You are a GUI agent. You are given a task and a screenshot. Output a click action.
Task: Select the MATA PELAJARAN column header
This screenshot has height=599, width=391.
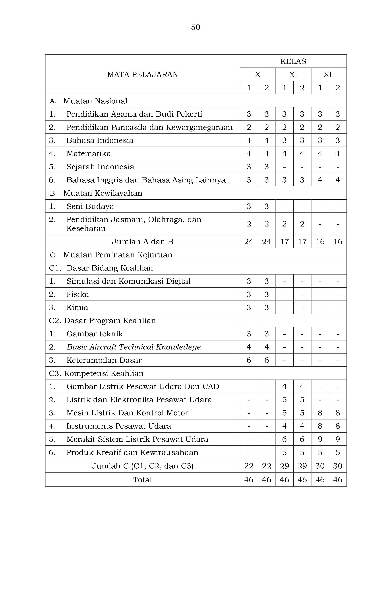[143, 75]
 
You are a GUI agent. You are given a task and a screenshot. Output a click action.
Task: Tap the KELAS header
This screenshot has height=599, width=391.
[293, 61]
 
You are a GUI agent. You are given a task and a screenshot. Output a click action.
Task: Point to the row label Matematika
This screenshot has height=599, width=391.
[89, 154]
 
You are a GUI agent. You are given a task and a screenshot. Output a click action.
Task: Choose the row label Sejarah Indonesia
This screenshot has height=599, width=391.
[100, 167]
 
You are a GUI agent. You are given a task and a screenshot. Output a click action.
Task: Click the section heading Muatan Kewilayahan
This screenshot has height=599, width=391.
[103, 193]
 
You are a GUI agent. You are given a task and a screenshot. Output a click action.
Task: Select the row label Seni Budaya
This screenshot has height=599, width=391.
[90, 206]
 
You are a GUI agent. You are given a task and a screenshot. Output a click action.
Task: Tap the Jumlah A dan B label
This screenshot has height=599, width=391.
[143, 242]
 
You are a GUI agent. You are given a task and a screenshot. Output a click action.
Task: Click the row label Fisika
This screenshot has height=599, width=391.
[78, 294]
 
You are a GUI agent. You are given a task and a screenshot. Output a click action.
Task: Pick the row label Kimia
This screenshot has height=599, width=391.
[77, 307]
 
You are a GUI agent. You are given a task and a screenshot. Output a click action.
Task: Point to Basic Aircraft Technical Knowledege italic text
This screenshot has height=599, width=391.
[134, 347]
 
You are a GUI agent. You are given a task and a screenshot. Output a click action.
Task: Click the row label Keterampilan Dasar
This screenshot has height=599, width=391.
[104, 360]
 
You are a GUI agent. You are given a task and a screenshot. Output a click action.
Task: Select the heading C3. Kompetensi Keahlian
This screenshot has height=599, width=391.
[96, 373]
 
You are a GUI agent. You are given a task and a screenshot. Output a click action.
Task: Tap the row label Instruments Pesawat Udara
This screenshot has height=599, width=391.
[119, 426]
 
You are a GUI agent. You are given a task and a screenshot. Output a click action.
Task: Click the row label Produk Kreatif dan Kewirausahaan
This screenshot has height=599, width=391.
[132, 452]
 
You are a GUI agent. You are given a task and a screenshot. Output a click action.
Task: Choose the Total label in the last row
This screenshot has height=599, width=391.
[143, 480]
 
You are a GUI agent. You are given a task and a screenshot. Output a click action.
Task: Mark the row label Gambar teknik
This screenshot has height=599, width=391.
[95, 334]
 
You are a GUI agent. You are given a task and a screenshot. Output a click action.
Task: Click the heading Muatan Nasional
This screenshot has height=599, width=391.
[95, 101]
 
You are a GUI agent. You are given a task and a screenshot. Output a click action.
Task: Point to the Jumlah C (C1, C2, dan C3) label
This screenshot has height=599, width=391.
[143, 466]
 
